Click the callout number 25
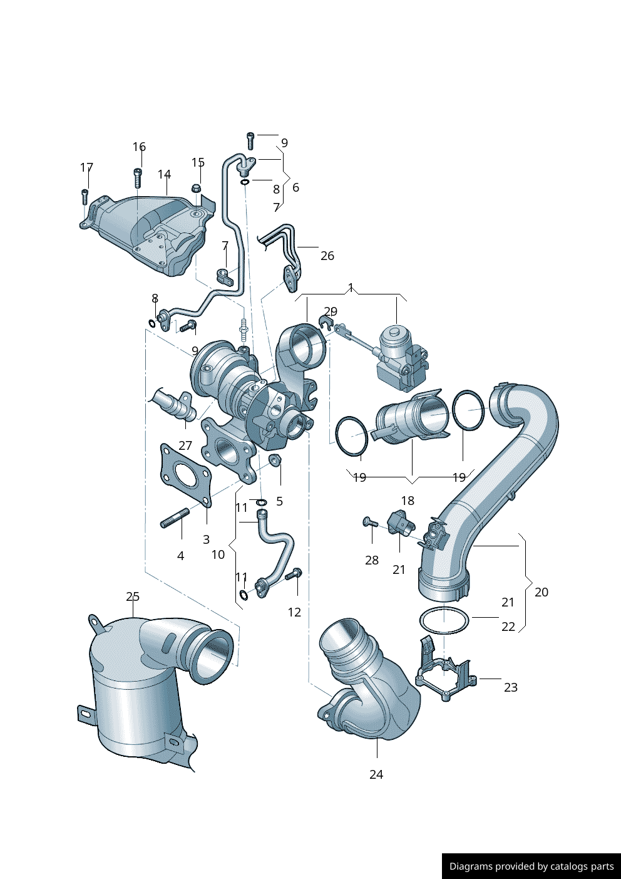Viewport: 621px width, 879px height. pyautogui.click(x=133, y=596)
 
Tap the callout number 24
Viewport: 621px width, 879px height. pyautogui.click(x=376, y=774)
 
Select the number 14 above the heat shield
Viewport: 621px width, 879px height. pyautogui.click(x=165, y=174)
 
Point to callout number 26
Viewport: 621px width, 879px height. pyautogui.click(x=327, y=256)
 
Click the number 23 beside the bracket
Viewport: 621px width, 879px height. pyautogui.click(x=511, y=687)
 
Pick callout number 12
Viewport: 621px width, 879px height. pyautogui.click(x=294, y=611)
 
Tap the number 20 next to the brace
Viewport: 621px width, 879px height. pyautogui.click(x=541, y=592)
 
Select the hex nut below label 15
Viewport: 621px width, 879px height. pyautogui.click(x=197, y=189)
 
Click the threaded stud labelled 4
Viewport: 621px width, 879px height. pyautogui.click(x=175, y=518)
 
